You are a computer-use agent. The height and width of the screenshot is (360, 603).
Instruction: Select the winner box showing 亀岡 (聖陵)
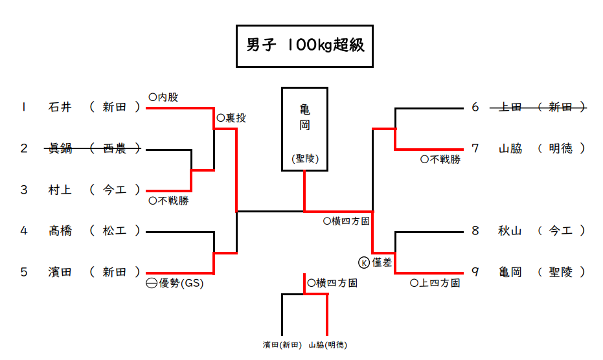[304, 129]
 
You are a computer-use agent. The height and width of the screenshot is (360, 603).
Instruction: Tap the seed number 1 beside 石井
[24, 107]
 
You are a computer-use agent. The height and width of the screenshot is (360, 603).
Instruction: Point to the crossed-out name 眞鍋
[60, 149]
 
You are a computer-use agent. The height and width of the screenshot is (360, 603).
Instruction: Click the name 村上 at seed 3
[60, 190]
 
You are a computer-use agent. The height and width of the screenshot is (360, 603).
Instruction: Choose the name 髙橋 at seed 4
[60, 231]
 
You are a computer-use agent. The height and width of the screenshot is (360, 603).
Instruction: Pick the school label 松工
[115, 231]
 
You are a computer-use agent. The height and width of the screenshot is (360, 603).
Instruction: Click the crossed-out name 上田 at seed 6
[510, 107]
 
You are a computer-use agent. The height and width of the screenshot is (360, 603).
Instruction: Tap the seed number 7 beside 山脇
[475, 148]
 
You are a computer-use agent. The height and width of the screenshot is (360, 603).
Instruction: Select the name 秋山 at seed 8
[510, 231]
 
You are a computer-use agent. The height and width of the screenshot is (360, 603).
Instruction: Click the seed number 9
[475, 272]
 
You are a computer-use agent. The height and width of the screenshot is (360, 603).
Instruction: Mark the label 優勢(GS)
[181, 283]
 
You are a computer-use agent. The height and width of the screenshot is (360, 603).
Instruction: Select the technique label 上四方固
[440, 283]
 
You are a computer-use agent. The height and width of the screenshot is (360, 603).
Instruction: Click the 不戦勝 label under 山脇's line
[444, 159]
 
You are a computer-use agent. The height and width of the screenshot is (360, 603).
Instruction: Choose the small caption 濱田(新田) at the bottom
[282, 345]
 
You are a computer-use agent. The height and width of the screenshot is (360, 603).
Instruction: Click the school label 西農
[115, 149]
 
